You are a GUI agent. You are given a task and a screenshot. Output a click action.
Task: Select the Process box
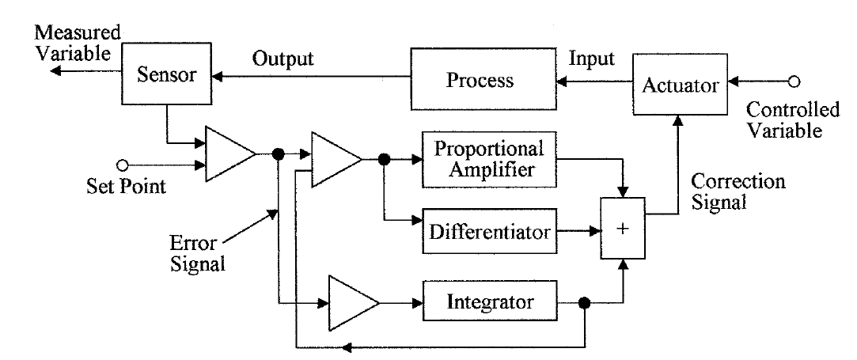480,81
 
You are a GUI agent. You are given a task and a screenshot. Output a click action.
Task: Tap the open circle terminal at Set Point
121,165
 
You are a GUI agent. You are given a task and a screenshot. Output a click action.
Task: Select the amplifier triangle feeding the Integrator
350,303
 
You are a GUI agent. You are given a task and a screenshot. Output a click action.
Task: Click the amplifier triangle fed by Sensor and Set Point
228,153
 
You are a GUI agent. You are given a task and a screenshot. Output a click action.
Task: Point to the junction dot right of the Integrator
585,303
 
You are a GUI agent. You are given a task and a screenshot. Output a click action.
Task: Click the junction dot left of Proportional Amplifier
385,160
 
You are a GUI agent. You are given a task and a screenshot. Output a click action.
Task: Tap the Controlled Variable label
783,119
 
